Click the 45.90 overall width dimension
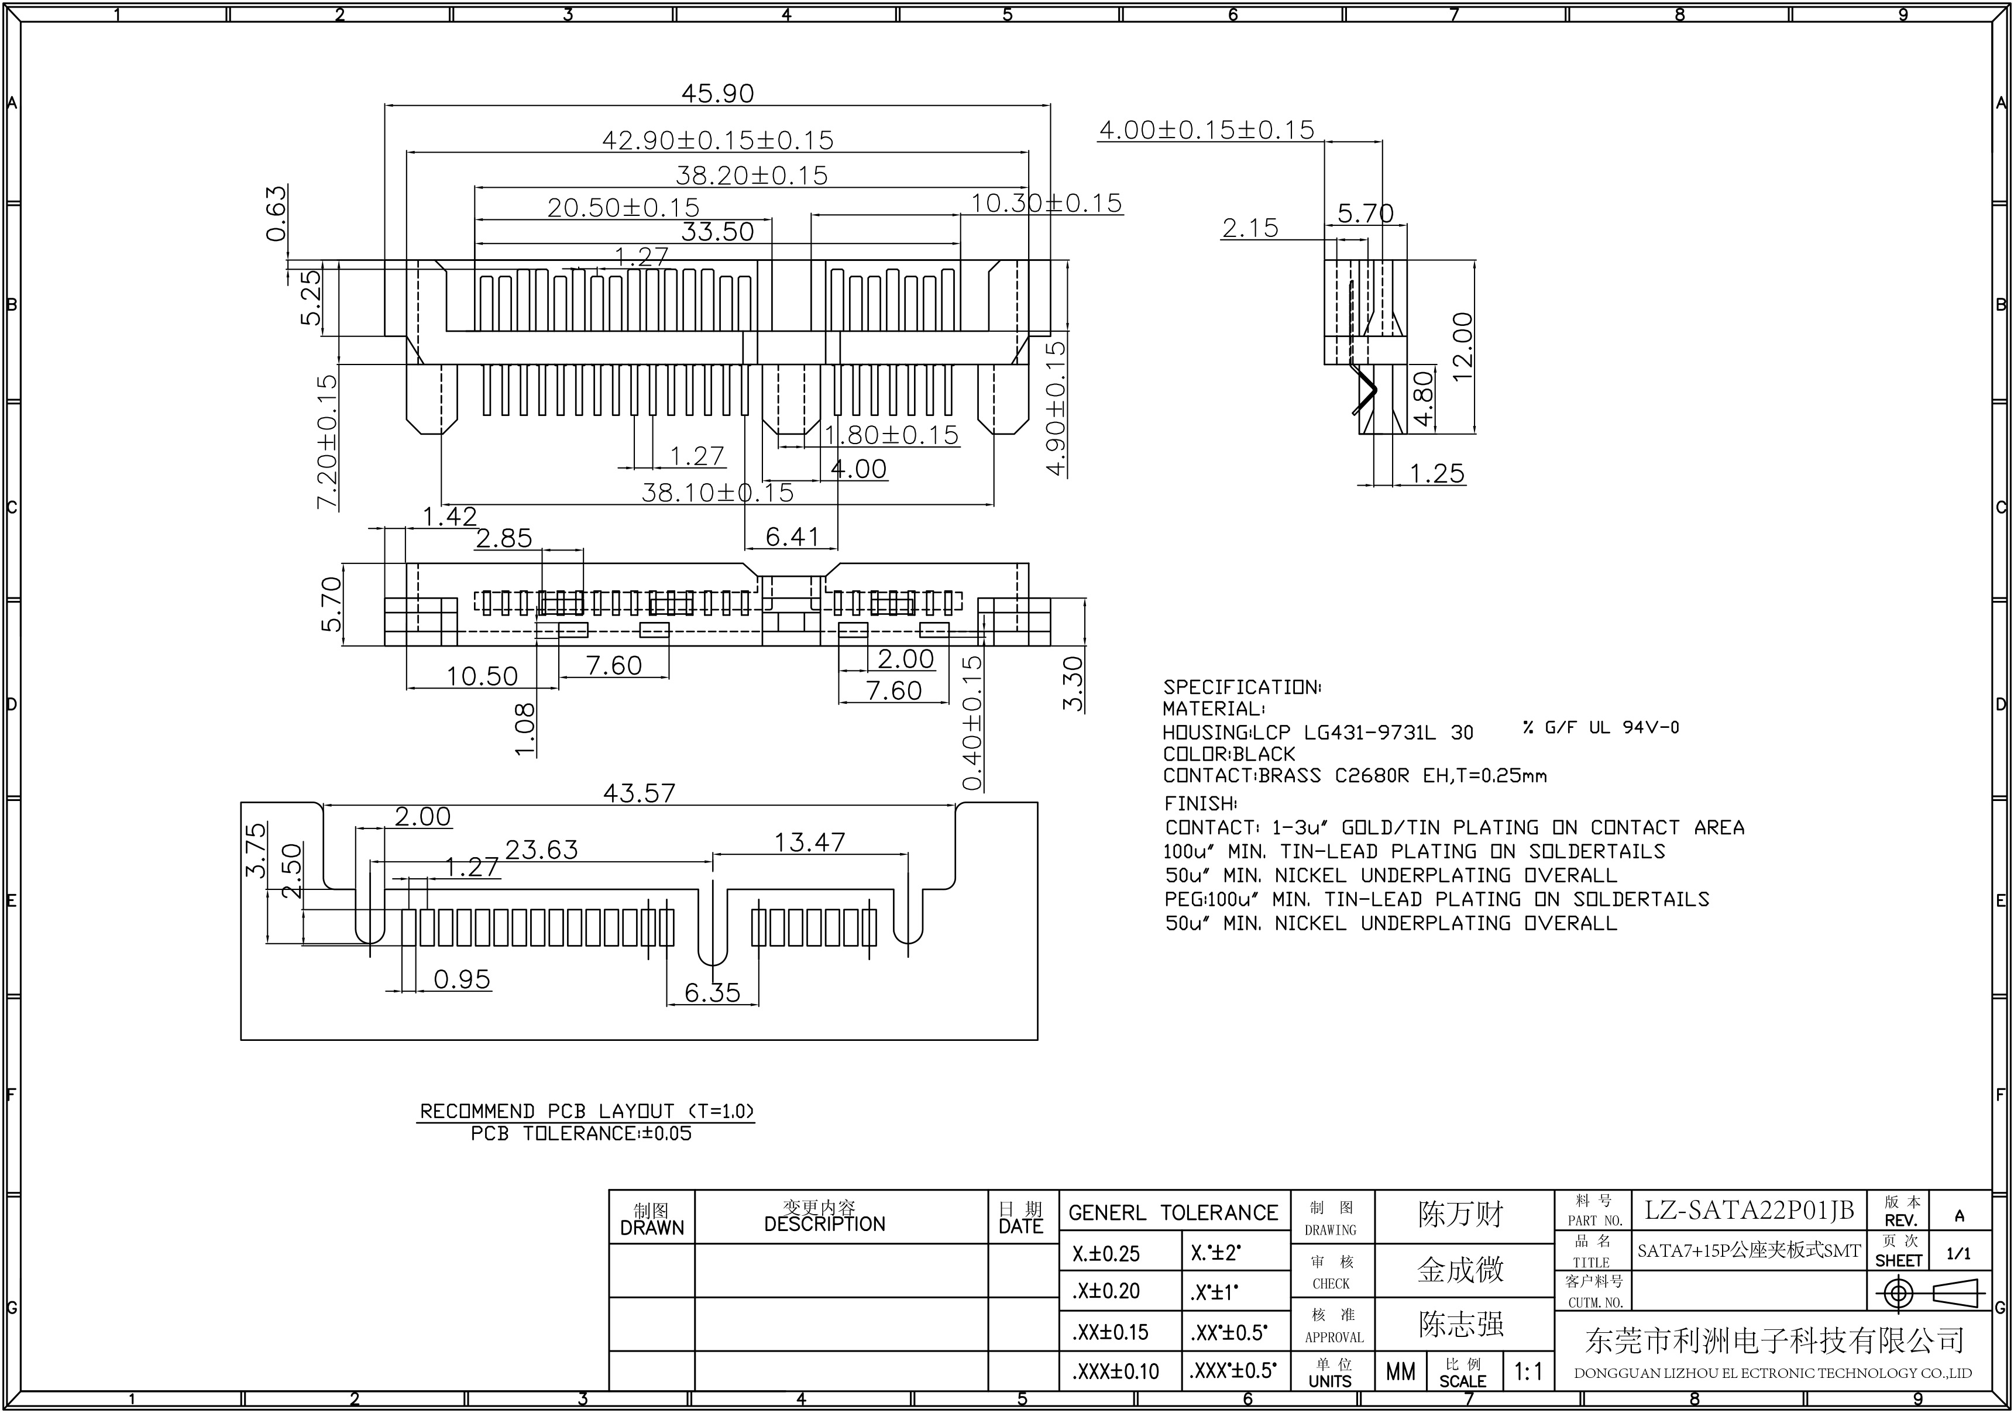point(717,94)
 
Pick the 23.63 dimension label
point(541,849)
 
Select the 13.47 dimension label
point(809,842)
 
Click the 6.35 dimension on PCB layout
point(712,993)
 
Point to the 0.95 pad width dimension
point(462,979)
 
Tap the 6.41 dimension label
point(792,537)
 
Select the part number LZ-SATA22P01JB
point(1748,1211)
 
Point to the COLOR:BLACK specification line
point(1228,754)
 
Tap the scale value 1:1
point(1528,1371)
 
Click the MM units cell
point(1400,1371)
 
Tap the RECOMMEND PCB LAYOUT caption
point(586,1111)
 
